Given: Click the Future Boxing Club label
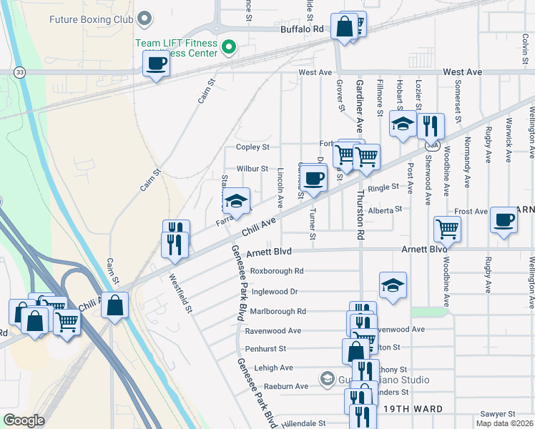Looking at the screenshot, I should tap(92, 19).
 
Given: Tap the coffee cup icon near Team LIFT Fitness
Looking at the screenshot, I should tap(156, 65).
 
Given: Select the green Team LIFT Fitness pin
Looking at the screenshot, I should tap(229, 48).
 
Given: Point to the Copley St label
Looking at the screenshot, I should tap(252, 147).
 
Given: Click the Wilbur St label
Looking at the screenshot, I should tap(252, 169).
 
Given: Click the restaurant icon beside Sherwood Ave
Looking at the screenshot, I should tap(430, 126).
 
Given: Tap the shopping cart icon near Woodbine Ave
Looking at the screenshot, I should tap(447, 229).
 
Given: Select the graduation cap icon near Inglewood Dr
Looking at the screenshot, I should tap(393, 285).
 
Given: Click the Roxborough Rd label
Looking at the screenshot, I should tap(277, 271).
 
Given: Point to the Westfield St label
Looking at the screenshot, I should tap(181, 294).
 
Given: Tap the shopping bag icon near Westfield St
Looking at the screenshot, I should tap(114, 305).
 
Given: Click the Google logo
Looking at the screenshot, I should tap(24, 420).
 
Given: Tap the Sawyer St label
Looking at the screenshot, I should tap(498, 414).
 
